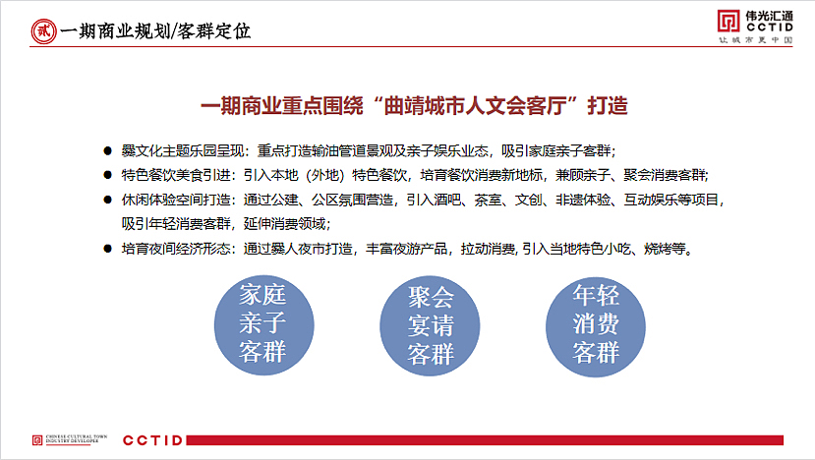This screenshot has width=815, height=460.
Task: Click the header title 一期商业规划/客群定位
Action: [154, 30]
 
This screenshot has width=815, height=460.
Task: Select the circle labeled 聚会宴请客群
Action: [430, 324]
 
